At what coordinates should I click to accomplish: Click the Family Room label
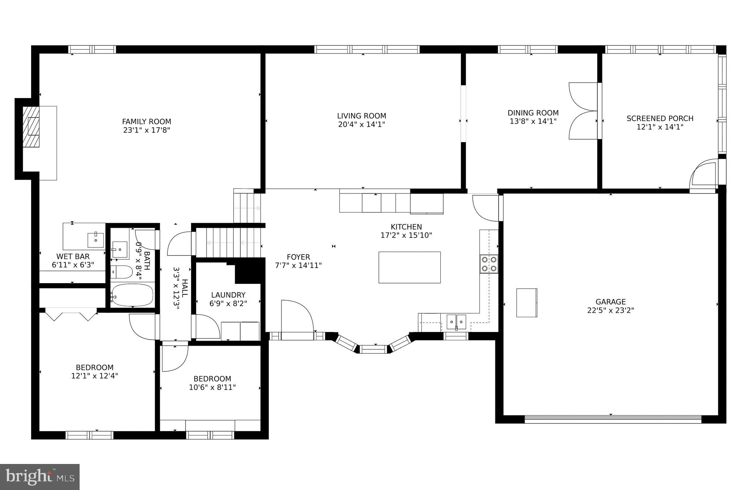(146, 122)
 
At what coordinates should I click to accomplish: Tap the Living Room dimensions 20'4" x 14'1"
(361, 124)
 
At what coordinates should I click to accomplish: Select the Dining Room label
(533, 113)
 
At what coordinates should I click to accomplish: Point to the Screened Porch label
(660, 118)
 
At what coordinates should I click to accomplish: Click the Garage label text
(610, 302)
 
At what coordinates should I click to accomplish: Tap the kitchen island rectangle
(409, 267)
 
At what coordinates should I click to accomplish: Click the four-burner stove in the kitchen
(489, 264)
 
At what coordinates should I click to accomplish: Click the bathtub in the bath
(132, 295)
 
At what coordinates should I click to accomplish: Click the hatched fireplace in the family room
(31, 127)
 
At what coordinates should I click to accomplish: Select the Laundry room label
(228, 295)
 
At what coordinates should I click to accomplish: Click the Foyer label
(298, 257)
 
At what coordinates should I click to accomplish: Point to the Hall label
(185, 288)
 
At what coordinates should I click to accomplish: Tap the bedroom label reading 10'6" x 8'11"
(212, 387)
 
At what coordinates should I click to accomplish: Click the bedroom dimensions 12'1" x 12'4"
(94, 376)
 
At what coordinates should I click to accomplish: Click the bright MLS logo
(40, 477)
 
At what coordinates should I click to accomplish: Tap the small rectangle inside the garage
(526, 303)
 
